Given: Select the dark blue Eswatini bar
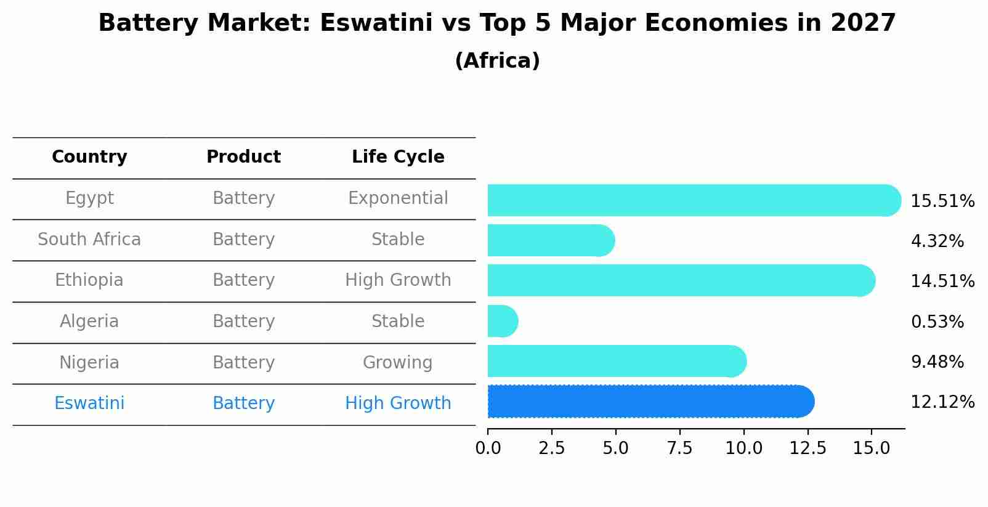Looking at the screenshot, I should click(650, 402).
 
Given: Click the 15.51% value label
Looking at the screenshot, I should click(942, 201).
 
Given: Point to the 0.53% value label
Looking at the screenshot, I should click(936, 322).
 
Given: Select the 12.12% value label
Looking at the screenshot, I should click(942, 402).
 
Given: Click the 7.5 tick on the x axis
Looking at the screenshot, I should click(679, 448).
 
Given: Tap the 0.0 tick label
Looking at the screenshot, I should click(488, 448).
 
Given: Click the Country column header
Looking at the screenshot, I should click(89, 157).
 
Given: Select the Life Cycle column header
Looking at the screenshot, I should click(398, 157).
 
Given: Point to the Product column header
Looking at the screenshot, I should click(243, 157).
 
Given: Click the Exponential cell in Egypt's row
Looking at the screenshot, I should click(398, 198).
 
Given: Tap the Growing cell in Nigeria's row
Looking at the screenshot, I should click(397, 362).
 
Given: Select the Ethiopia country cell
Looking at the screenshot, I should click(89, 280).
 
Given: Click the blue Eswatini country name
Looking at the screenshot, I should click(89, 404).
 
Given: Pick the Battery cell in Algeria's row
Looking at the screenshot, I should click(243, 322).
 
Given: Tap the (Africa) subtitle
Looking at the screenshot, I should click(497, 61).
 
